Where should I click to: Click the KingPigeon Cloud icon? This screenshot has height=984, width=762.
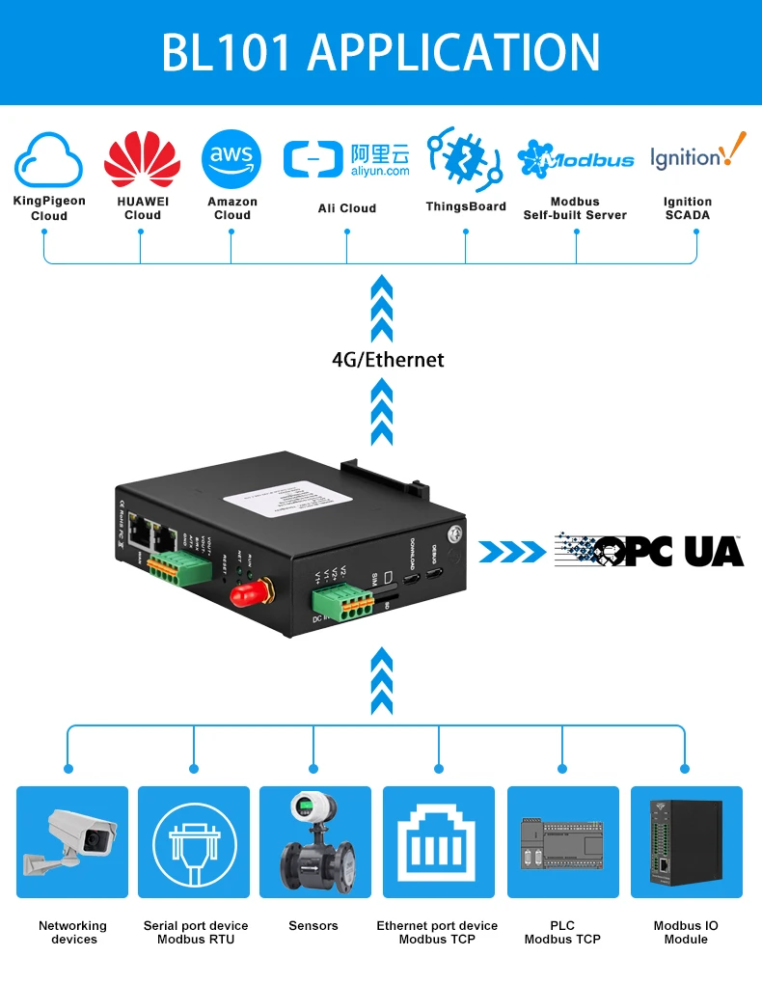pos(49,159)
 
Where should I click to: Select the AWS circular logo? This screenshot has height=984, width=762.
pos(231,158)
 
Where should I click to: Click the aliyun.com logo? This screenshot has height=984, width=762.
pos(346,160)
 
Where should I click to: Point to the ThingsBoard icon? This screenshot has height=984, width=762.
pos(465,157)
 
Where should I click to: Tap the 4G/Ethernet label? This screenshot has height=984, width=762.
pos(388,360)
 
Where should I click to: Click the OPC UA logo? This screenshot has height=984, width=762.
pos(649,550)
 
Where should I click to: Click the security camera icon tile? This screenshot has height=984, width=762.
pos(72,842)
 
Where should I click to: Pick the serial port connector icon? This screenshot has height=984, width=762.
pos(194,842)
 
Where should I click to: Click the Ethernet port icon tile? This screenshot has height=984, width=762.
pos(439,842)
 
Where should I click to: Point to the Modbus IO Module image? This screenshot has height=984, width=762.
pos(686,842)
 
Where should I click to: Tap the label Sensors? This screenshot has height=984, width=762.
pos(313,926)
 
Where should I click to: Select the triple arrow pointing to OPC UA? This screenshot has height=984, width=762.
pos(511,552)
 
